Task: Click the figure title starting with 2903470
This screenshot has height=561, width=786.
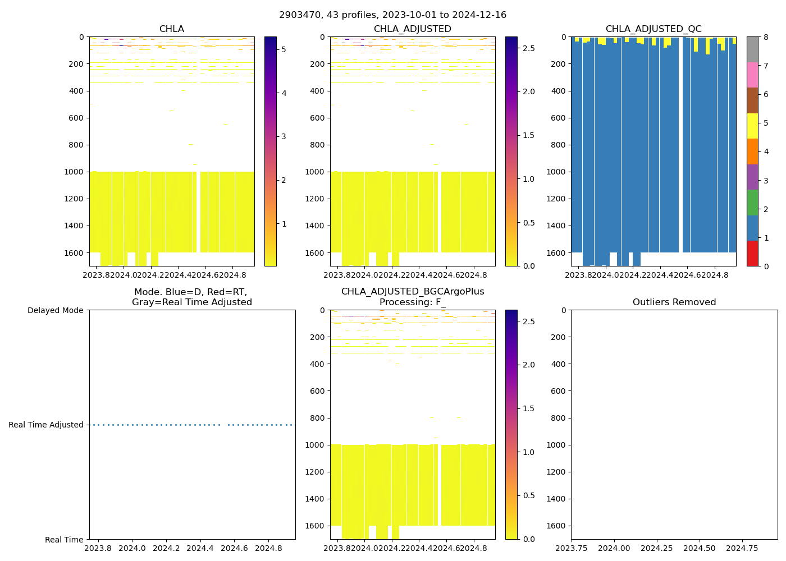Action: pos(392,15)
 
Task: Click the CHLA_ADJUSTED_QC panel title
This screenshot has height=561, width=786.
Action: pos(653,29)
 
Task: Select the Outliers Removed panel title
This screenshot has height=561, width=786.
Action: pos(674,302)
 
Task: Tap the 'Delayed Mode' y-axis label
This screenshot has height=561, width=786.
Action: pos(55,310)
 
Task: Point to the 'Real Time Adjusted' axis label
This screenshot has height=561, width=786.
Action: pos(46,425)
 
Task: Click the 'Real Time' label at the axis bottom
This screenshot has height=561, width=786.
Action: pos(64,540)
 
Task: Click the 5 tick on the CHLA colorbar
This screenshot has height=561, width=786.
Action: pos(284,49)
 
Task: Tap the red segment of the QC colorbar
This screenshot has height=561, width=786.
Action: pos(752,253)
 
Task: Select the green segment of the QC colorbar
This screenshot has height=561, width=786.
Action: pos(752,203)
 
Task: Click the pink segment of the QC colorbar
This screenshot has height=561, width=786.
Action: pos(752,75)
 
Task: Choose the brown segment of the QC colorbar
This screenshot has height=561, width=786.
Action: pos(752,100)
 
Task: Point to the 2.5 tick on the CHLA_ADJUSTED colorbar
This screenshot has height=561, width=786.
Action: pos(529,48)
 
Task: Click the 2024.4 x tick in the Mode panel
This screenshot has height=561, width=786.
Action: pos(200,548)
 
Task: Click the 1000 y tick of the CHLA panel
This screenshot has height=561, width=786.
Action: pos(76,172)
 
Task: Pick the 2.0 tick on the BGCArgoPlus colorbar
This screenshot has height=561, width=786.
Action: pos(529,365)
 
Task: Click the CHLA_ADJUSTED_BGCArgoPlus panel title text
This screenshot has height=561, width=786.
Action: pos(412,292)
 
